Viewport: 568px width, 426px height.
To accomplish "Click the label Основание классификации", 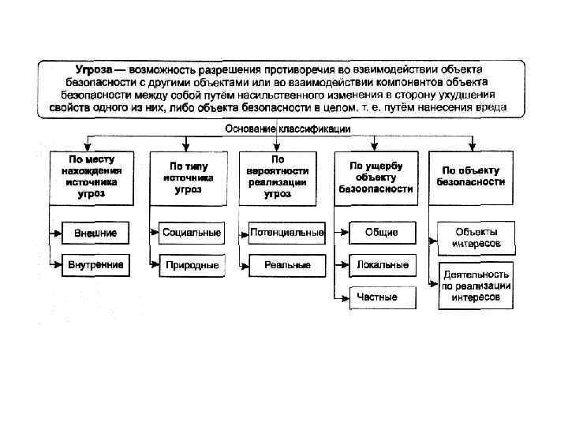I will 288,129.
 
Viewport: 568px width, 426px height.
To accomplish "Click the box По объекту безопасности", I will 472,175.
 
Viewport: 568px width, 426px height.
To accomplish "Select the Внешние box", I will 95,234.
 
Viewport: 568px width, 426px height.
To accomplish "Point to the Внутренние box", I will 95,265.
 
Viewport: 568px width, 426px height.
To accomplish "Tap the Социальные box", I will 191,234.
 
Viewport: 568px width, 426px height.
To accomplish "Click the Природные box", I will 191,265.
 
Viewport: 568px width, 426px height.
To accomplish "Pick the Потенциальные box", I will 287,234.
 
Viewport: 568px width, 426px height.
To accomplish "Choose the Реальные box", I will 287,265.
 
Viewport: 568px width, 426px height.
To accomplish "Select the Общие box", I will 382,233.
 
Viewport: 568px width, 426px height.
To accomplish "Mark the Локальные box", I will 382,265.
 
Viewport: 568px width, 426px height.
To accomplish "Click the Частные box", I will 377,297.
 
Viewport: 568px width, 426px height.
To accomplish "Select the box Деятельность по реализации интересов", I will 476,286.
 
